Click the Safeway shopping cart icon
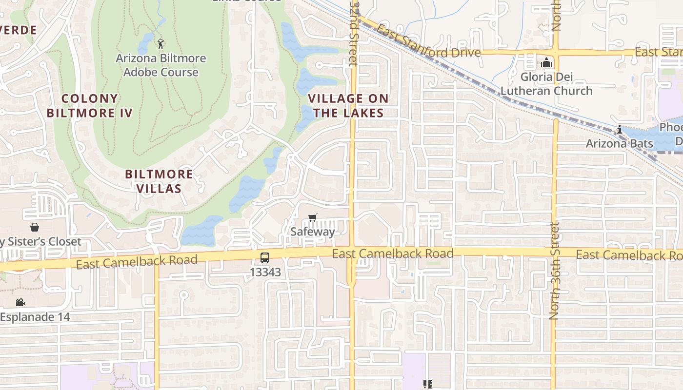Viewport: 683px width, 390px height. click(x=313, y=217)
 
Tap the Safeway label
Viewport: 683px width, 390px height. click(x=313, y=232)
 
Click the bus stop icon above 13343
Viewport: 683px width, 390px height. click(x=264, y=258)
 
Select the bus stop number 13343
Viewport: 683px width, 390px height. click(x=265, y=272)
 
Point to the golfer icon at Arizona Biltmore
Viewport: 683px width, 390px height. click(x=161, y=44)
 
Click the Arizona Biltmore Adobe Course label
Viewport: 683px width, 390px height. click(x=161, y=65)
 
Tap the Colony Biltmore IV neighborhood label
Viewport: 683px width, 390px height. click(x=90, y=106)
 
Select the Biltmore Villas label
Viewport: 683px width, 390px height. click(x=159, y=181)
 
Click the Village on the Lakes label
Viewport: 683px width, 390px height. click(x=348, y=106)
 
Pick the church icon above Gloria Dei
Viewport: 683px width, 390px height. click(x=546, y=62)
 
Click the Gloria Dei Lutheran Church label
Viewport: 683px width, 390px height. click(x=546, y=84)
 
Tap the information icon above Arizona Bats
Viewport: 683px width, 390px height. click(x=620, y=130)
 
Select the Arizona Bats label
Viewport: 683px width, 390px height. click(x=619, y=143)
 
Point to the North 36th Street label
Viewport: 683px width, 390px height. click(x=554, y=271)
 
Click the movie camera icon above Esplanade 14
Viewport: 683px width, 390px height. click(x=20, y=303)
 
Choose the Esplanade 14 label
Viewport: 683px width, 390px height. click(x=35, y=317)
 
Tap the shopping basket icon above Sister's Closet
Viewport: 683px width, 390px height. click(x=35, y=227)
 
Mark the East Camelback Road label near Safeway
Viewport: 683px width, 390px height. click(x=393, y=253)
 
